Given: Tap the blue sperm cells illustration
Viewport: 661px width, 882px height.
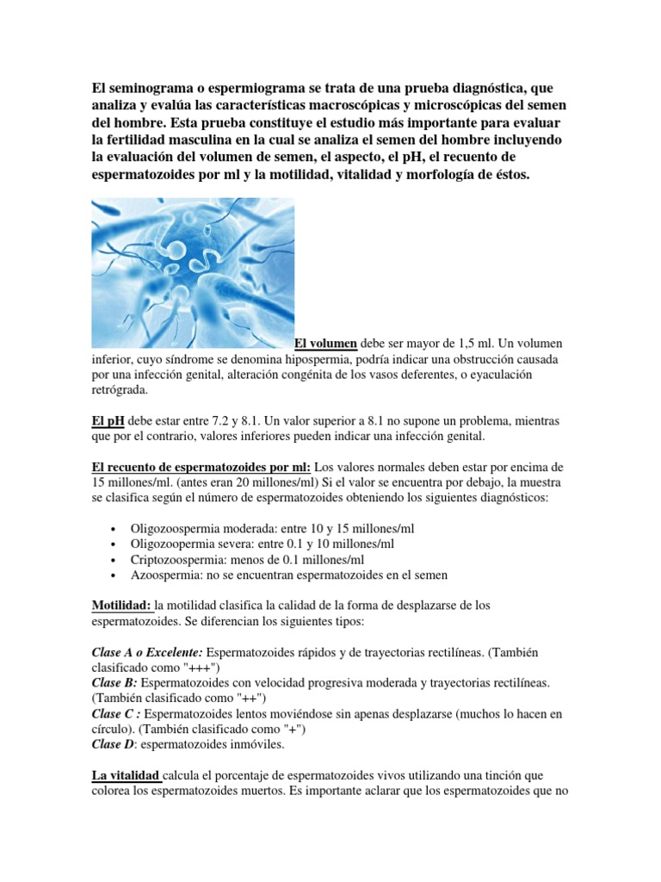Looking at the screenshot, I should click(x=193, y=272).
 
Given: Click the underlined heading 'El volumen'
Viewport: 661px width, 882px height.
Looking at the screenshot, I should click(x=326, y=343).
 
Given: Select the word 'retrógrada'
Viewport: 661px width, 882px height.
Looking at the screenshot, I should click(x=120, y=390).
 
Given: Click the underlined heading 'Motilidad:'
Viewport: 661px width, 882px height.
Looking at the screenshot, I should click(x=122, y=606).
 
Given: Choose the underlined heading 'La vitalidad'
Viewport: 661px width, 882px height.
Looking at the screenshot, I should click(x=126, y=776).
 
